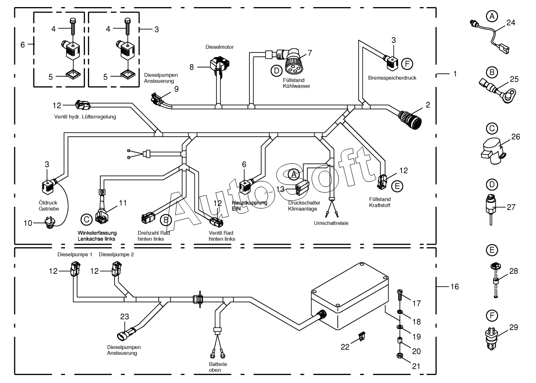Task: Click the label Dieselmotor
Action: point(219,47)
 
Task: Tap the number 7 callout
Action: point(309,53)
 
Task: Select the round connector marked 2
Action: point(410,120)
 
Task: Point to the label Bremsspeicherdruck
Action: point(392,78)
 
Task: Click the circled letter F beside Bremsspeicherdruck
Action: point(407,64)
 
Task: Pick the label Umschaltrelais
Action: point(331,223)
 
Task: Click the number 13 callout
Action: point(280,189)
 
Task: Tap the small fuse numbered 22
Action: point(361,336)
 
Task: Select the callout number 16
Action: point(455,287)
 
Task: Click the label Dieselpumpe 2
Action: point(116,255)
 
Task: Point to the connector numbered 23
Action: point(127,334)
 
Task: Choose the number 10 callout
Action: point(28,223)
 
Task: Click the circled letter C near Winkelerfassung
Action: point(87,220)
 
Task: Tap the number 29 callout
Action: point(514,327)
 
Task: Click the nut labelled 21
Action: point(399,356)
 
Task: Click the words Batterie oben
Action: point(218,367)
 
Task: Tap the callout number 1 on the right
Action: point(455,74)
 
